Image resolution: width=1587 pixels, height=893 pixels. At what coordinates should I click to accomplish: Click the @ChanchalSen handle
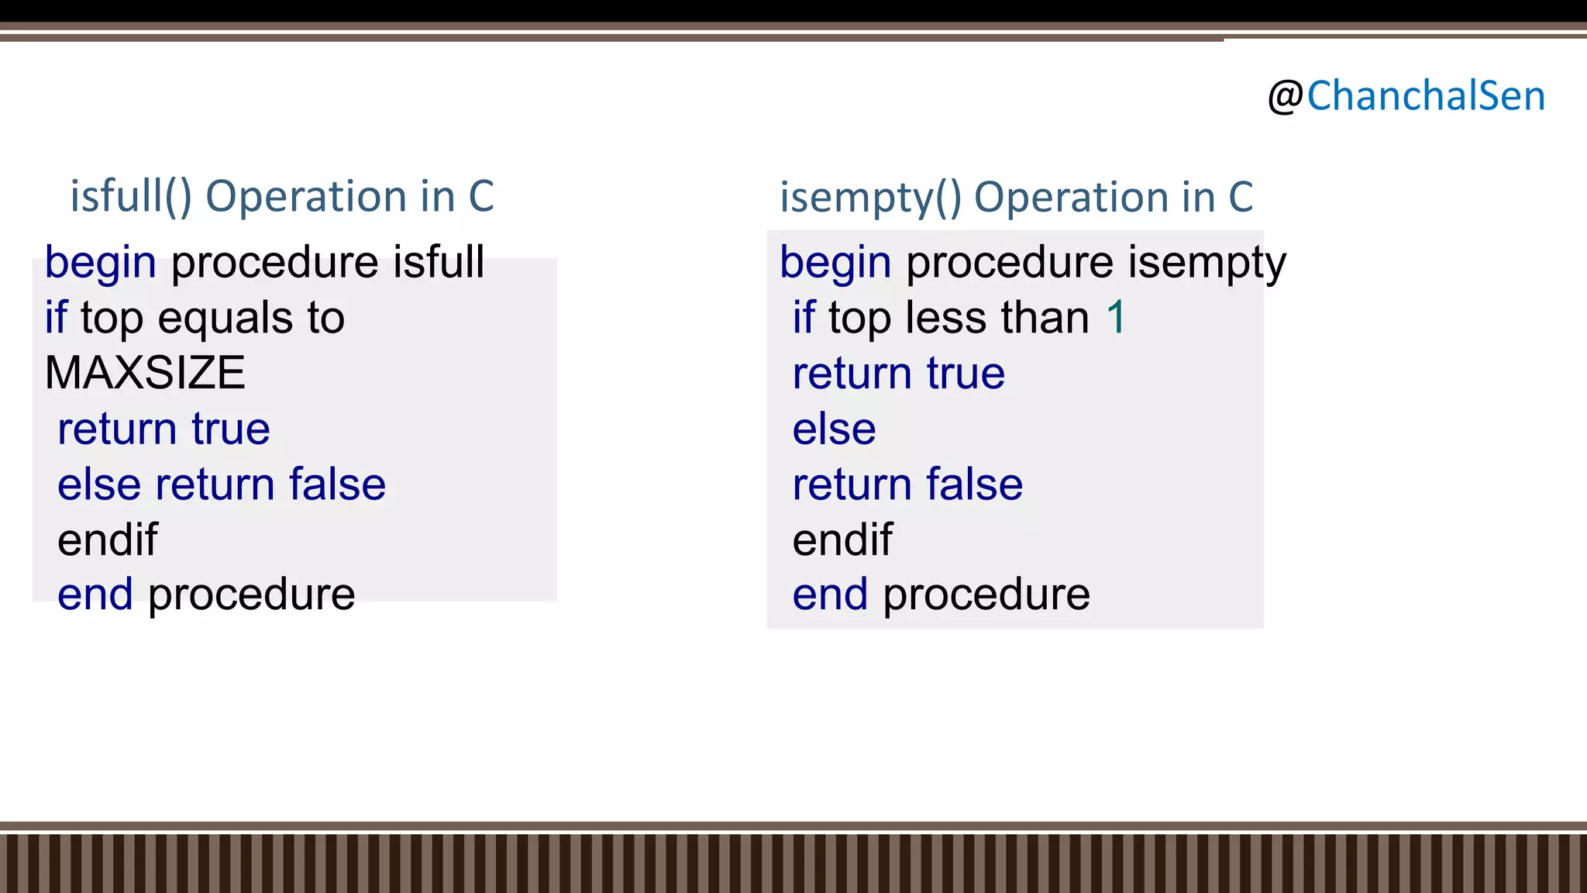pos(1406,97)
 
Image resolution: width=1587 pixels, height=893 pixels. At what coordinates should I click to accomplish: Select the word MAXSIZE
pos(145,373)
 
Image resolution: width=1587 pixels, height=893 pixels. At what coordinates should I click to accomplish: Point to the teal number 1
pos(1116,318)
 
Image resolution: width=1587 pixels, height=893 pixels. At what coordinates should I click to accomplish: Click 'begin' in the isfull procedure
pos(101,263)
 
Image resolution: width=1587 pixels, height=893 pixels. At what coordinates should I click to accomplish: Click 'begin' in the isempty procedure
pos(835,263)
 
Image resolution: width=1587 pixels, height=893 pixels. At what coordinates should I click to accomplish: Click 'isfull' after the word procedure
pos(439,262)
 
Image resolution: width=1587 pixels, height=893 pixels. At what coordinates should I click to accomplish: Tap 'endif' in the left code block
pos(108,540)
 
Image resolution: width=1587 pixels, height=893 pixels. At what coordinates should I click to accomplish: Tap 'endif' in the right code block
pos(842,540)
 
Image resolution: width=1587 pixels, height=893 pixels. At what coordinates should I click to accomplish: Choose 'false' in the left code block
pos(337,484)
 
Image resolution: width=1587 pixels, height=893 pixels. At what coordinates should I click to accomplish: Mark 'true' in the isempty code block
pos(966,374)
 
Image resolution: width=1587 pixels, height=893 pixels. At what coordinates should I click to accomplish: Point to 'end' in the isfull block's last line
pos(95,595)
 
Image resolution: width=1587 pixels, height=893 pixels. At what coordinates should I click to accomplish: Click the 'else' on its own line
pos(834,429)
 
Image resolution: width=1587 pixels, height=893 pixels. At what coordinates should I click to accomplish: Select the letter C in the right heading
pos(1240,197)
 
